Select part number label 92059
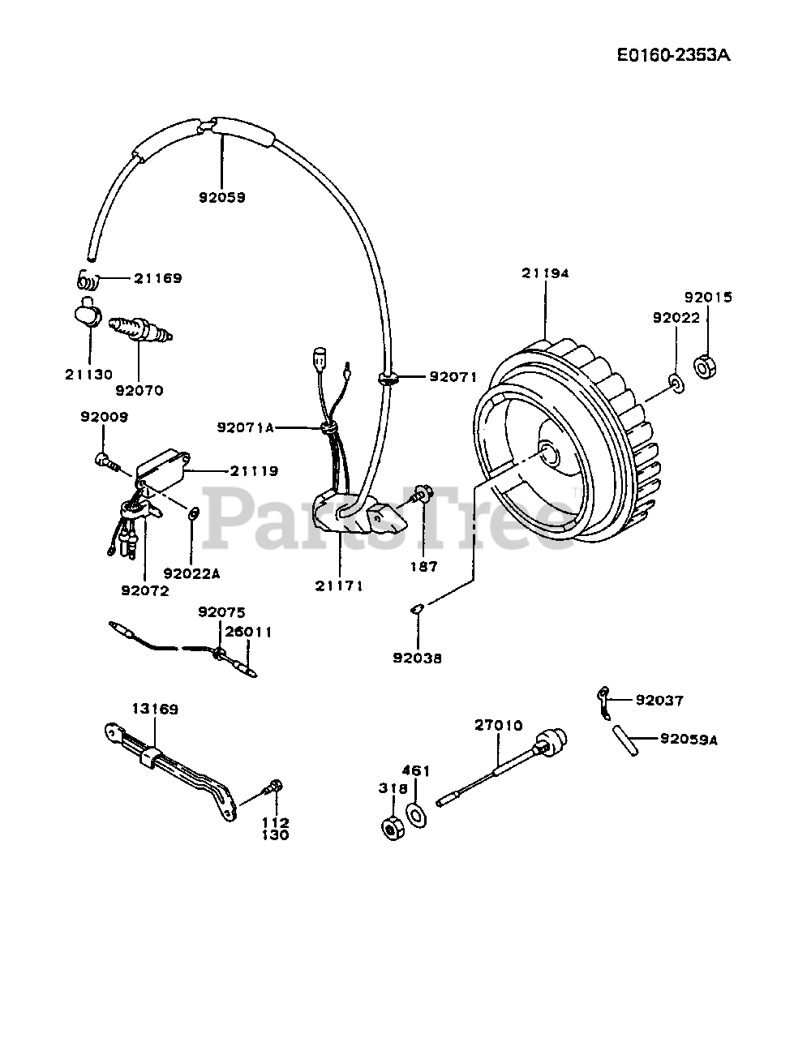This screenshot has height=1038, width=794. click(221, 197)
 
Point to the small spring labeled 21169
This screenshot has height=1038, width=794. click(87, 281)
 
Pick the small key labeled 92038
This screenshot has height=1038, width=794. click(415, 610)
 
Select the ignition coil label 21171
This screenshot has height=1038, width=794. click(341, 585)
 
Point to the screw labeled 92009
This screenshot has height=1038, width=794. click(107, 461)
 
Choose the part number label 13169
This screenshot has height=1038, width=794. click(156, 709)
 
